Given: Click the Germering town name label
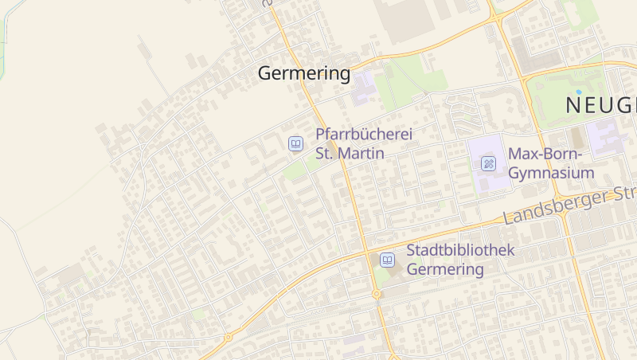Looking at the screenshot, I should point(303,74).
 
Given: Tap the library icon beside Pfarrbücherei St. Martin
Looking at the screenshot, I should point(295,143).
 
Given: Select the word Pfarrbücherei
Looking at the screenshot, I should point(363,135).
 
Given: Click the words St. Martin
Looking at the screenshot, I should point(350,153).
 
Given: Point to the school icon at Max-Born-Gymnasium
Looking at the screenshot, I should point(488,163).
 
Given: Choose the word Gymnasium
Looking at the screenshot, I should point(551,173).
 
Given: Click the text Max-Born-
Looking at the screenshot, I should point(545,154).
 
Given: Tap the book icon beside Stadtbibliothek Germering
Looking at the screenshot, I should point(387,260).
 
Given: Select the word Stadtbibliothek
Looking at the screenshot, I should point(460,250).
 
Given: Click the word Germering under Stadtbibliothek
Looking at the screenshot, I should point(444,269).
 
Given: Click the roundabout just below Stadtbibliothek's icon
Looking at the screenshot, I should point(377,295).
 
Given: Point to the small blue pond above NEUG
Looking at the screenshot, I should point(579,92).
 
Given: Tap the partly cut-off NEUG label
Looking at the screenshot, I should point(601,104).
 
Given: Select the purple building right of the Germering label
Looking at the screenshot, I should point(363,87).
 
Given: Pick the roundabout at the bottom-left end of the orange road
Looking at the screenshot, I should point(228,338).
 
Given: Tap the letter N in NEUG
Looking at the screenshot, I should point(574,104).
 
